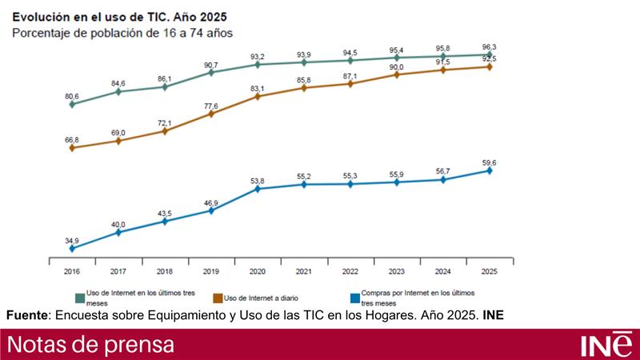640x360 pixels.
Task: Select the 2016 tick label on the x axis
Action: pyautogui.click(x=72, y=271)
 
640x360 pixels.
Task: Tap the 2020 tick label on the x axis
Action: pyautogui.click(x=258, y=271)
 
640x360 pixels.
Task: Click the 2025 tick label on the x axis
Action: pyautogui.click(x=490, y=271)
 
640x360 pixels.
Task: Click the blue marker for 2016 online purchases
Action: pyautogui.click(x=72, y=249)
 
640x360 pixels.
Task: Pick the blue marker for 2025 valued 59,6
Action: pyautogui.click(x=490, y=170)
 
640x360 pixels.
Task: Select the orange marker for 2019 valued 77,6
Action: pyautogui.click(x=211, y=114)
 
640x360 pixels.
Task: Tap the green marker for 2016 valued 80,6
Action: pyautogui.click(x=72, y=104)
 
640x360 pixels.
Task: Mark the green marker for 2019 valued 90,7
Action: pyautogui.click(x=211, y=72)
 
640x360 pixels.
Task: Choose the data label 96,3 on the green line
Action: pyautogui.click(x=490, y=46)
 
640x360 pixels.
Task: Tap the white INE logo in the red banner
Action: pyautogui.click(x=605, y=345)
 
